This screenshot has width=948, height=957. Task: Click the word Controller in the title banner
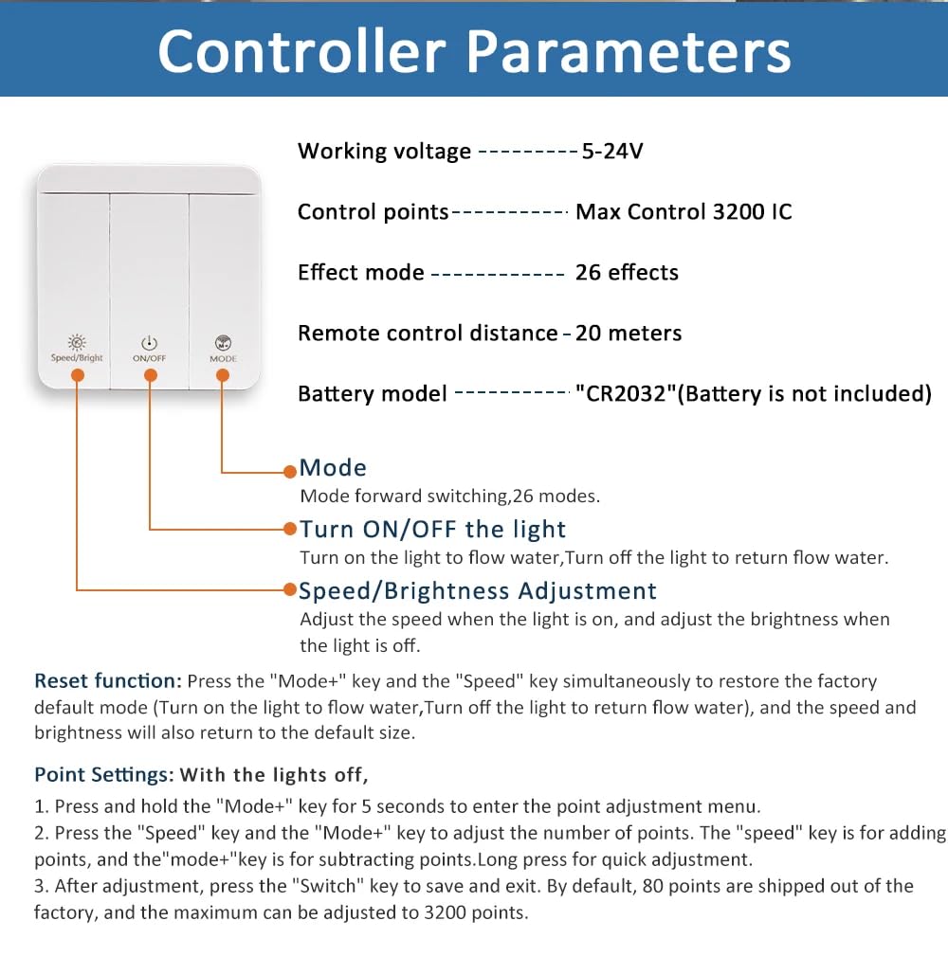point(301,52)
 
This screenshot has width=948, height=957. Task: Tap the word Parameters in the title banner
point(629,52)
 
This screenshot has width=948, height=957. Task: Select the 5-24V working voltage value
point(612,151)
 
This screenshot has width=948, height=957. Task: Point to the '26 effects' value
point(627,272)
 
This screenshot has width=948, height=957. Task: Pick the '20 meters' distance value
point(629,334)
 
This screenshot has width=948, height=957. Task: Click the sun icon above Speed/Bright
point(77,342)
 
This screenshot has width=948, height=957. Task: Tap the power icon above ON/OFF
point(149,343)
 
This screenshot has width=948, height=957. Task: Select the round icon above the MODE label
point(223,342)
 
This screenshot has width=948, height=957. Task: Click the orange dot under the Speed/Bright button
point(78,375)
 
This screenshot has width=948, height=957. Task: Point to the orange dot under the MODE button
point(223,375)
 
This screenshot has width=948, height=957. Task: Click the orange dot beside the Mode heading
point(290,471)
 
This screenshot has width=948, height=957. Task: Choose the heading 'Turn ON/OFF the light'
point(432,529)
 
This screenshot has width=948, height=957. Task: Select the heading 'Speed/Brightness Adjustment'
point(478,591)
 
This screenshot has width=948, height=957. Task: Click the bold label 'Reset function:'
point(108,680)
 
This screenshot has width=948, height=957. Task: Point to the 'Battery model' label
point(373,393)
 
